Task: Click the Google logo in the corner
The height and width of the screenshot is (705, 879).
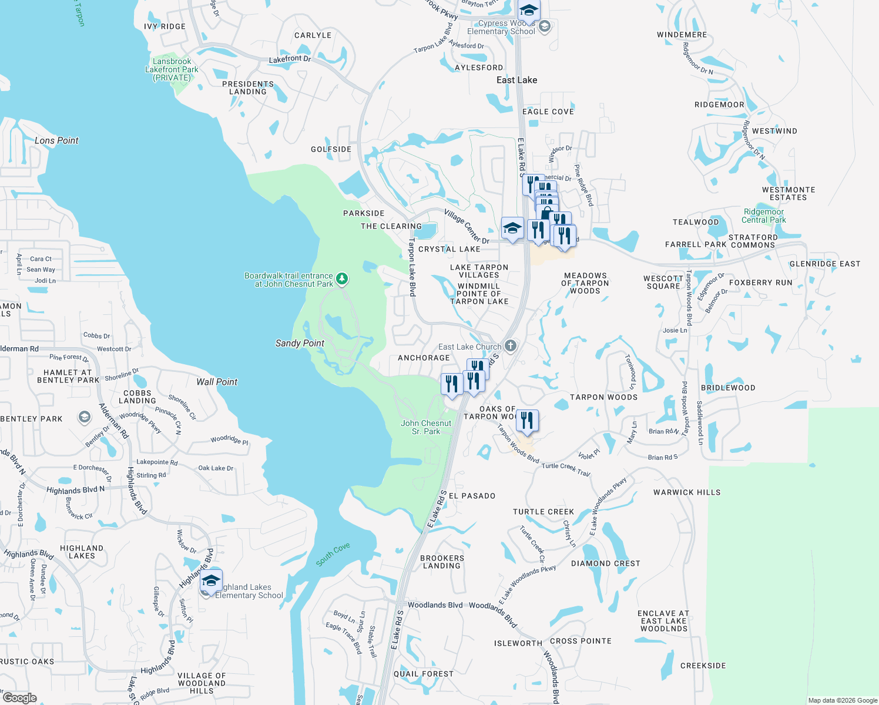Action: coord(19,698)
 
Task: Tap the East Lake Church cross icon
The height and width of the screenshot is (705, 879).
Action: coord(510,346)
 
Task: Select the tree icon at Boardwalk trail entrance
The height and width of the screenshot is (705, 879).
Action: coord(342,279)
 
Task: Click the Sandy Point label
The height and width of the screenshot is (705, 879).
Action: coord(300,343)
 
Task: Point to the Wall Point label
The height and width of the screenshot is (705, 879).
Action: coord(217,382)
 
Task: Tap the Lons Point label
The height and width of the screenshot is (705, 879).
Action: coord(56,140)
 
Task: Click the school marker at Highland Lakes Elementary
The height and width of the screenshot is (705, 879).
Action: coord(211,580)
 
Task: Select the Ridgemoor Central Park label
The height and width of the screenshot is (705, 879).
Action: coord(763,216)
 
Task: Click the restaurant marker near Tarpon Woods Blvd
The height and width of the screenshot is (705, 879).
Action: coord(527,421)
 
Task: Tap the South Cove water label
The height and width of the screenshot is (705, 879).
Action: coord(333,554)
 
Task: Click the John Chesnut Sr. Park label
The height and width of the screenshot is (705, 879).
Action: coord(426,427)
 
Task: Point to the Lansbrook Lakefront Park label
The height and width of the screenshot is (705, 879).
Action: coord(172,69)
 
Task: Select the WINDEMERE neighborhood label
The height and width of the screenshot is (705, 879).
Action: coord(682,35)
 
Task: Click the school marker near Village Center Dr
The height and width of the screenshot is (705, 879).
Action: coord(512,228)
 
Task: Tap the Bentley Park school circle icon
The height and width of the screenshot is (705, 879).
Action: coord(85,418)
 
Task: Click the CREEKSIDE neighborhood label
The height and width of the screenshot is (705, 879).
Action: coord(703,666)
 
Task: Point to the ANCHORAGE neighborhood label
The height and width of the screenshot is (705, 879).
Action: coord(424,358)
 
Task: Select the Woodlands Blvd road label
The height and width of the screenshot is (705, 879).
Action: coord(435,605)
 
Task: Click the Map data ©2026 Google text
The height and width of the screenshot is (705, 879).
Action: coord(842,700)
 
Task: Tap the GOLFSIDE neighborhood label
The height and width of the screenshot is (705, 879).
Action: coord(331,149)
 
